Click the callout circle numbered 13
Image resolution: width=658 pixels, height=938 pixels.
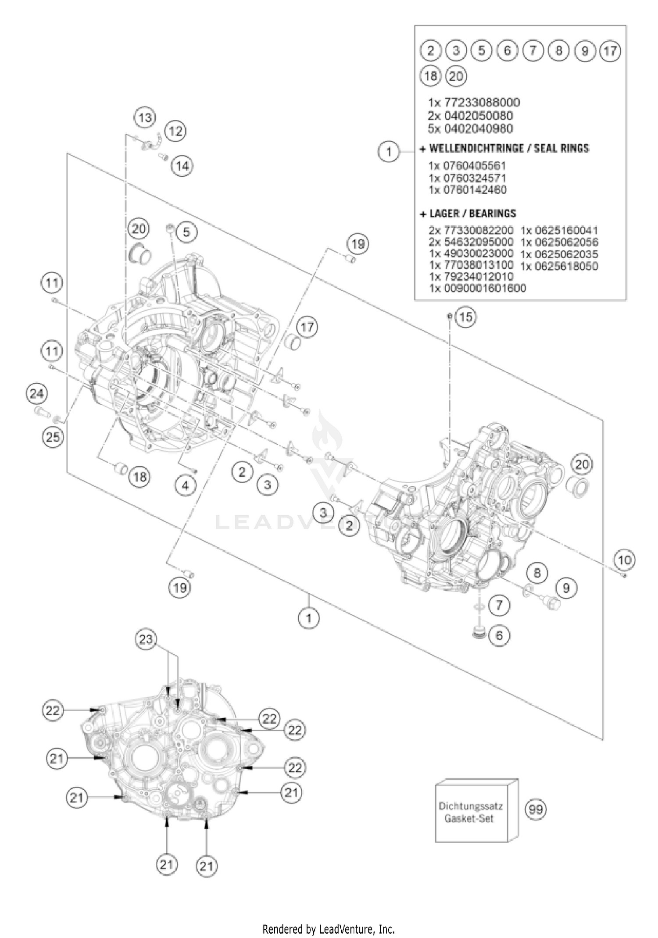tap(145, 118)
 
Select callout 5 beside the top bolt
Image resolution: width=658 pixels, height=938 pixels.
tap(187, 232)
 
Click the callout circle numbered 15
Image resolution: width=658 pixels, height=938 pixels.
tap(466, 317)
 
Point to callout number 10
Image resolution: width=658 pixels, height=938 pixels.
tap(624, 560)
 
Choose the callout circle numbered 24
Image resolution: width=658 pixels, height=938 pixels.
tap(36, 393)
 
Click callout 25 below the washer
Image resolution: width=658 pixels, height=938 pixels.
tap(53, 437)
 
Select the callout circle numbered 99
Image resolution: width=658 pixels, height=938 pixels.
tap(536, 809)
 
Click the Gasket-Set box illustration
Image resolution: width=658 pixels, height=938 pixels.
tap(476, 812)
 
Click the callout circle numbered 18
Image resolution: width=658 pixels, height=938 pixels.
tap(140, 477)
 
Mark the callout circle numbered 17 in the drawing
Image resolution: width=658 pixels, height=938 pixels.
tap(307, 327)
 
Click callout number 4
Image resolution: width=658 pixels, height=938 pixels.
tap(186, 485)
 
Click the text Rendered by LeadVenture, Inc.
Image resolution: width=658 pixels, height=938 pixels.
tap(329, 929)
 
